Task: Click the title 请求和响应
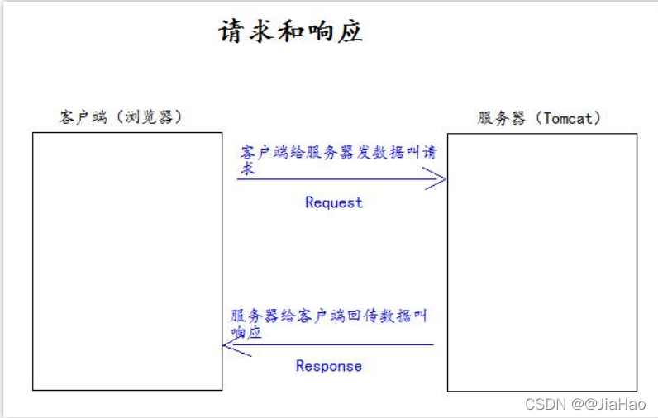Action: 290,31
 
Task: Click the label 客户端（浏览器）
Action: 121,117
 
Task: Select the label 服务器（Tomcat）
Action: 539,118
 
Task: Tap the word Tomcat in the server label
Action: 568,118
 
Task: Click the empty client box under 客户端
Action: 127,261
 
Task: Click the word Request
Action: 333,202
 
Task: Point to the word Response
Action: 328,366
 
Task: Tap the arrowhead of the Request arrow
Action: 438,178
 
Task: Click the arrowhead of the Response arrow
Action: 231,345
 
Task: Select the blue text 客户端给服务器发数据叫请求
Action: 337,154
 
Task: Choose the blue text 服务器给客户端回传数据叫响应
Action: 328,316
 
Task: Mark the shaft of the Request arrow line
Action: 331,178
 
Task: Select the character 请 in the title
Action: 231,31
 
